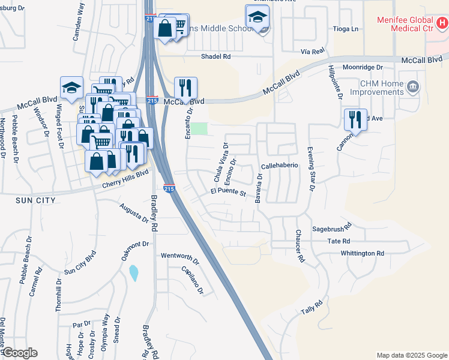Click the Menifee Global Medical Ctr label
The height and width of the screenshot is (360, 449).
[405, 24]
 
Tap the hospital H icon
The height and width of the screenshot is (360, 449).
[442, 24]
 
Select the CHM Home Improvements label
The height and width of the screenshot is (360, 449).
[378, 88]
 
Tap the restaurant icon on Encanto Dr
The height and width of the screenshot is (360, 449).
[186, 88]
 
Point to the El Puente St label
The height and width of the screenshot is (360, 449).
[229, 193]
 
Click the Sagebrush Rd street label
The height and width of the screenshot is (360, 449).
[331, 229]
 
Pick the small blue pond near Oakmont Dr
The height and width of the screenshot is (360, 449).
[133, 274]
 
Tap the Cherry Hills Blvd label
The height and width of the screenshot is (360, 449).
[126, 178]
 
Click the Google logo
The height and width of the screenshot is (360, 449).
[20, 353]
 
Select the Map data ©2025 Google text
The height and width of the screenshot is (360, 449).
[412, 355]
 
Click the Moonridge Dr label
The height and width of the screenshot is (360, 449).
[363, 68]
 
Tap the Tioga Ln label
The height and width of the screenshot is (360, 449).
[346, 29]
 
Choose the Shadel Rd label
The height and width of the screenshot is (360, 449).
[216, 56]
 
